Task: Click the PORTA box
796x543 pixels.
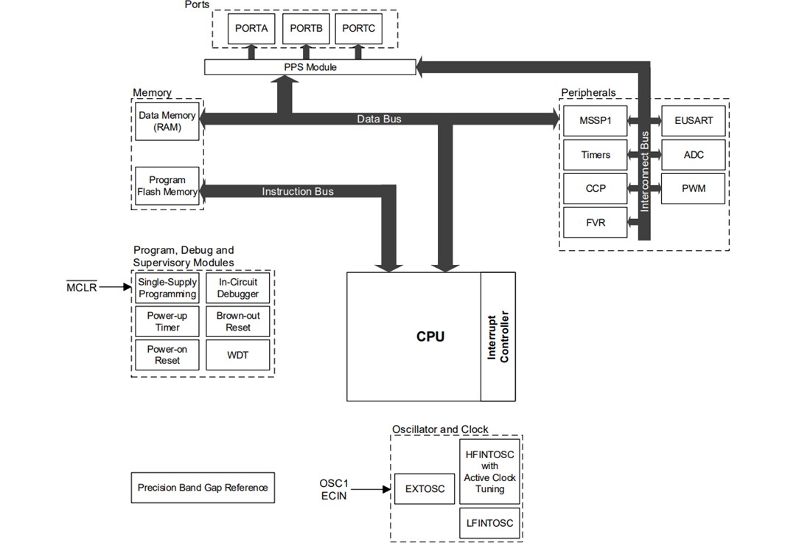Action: point(251,29)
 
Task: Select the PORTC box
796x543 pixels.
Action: point(359,29)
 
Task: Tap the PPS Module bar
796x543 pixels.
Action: point(310,67)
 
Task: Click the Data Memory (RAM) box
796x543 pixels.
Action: point(167,121)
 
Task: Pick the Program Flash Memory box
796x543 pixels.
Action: point(167,186)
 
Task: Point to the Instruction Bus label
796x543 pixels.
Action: point(298,192)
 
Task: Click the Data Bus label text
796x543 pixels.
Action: point(379,119)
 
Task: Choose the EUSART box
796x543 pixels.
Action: point(694,120)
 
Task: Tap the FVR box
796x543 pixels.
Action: point(596,222)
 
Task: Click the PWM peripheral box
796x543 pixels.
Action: point(694,188)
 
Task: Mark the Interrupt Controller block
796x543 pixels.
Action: point(498,336)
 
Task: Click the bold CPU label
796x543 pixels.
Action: point(430,336)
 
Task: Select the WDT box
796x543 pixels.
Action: point(238,355)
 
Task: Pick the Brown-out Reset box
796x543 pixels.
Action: point(238,322)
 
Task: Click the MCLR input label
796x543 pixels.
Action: point(81,288)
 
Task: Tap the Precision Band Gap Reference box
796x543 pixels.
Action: point(203,488)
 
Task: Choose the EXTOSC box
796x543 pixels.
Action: point(425,489)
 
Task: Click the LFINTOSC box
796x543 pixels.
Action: point(490,524)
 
